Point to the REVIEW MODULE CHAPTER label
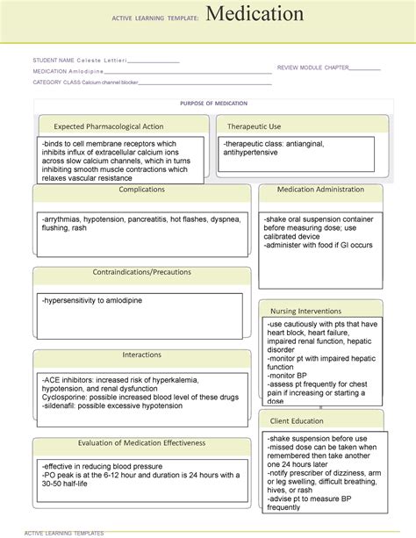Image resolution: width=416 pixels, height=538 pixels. coord(312,67)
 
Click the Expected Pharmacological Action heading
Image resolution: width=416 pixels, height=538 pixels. coord(108,126)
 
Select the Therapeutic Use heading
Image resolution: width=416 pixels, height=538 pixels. coord(255,126)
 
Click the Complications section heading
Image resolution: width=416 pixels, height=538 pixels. coord(141,190)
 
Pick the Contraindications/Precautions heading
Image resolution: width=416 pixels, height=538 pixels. coord(141,273)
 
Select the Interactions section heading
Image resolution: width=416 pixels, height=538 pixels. coord(141,355)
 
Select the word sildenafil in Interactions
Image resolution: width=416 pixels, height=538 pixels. coord(62,402)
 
